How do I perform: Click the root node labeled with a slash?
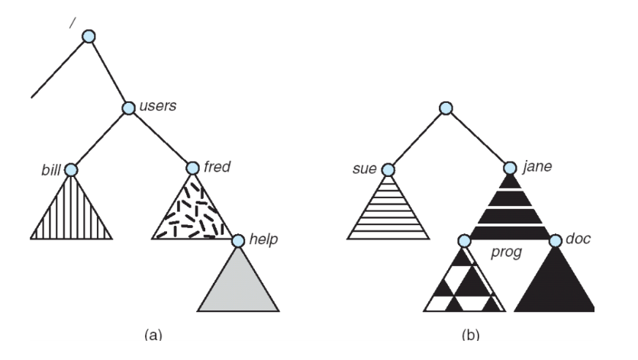pyautogui.click(x=89, y=36)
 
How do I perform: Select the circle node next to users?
pyautogui.click(x=129, y=108)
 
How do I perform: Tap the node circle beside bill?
pyautogui.click(x=71, y=169)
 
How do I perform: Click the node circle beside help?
pyautogui.click(x=237, y=241)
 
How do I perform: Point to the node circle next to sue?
pyautogui.click(x=388, y=169)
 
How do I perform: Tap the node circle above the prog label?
pyautogui.click(x=463, y=241)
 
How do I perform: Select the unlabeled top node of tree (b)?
pyautogui.click(x=448, y=108)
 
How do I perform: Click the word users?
pyautogui.click(x=158, y=105)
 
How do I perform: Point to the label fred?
pyautogui.click(x=217, y=165)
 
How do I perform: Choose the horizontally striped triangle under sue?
pyautogui.click(x=388, y=214)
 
